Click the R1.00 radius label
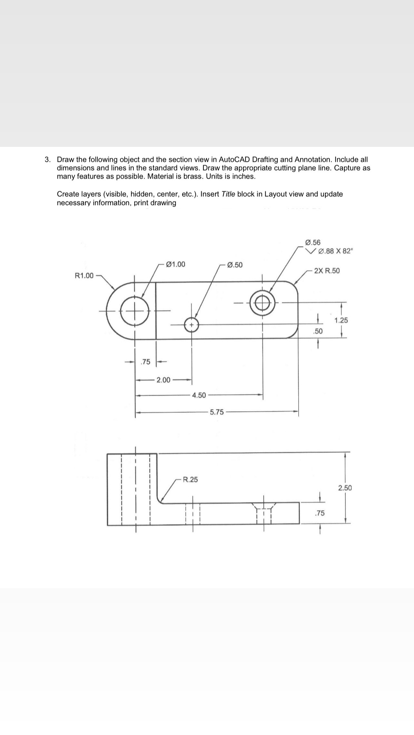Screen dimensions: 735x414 (x=84, y=275)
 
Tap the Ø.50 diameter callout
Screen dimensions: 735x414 (x=235, y=265)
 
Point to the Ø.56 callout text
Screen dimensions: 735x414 (x=312, y=242)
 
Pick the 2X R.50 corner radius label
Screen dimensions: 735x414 (x=327, y=271)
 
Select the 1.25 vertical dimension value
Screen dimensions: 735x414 (x=341, y=320)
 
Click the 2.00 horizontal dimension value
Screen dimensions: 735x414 (x=163, y=380)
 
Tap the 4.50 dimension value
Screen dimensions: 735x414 (x=199, y=395)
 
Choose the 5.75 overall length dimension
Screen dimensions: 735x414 (x=217, y=412)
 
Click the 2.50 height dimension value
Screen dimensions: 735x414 (x=345, y=488)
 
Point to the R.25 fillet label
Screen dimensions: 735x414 (x=190, y=480)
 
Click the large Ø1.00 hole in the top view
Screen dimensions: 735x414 (x=135, y=311)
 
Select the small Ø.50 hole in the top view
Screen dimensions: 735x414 (x=192, y=325)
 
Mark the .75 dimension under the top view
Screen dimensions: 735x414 (x=146, y=362)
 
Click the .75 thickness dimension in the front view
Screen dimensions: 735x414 (x=320, y=513)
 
